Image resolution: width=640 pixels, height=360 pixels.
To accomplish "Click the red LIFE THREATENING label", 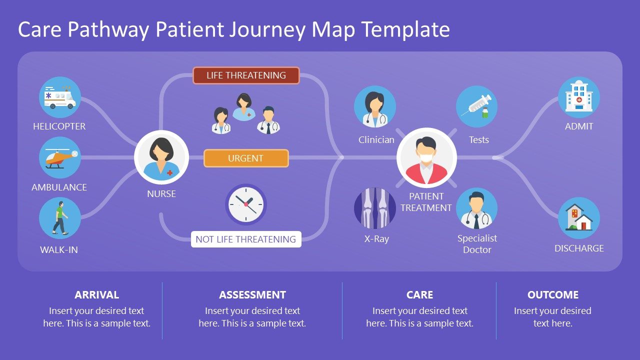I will click(x=246, y=75).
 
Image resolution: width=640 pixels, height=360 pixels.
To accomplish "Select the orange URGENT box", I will click(x=246, y=158).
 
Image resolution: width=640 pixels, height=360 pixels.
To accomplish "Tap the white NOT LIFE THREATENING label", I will click(x=246, y=239).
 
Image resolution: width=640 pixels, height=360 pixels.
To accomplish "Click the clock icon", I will click(x=246, y=204).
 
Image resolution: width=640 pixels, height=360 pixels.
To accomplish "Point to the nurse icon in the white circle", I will click(x=161, y=157).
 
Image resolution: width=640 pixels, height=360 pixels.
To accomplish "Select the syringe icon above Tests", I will click(x=476, y=106).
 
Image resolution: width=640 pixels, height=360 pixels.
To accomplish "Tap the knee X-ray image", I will click(x=375, y=208).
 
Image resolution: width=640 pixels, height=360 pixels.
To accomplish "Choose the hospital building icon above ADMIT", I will click(x=578, y=97).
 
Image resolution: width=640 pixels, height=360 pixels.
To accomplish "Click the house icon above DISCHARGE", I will click(x=578, y=218).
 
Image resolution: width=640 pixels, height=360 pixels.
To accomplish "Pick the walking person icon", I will click(x=60, y=218).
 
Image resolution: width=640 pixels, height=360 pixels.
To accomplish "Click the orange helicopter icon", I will click(x=60, y=157).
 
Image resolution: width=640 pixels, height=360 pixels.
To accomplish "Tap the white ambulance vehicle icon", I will click(x=60, y=97).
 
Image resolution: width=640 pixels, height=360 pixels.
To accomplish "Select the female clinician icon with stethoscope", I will click(x=375, y=107).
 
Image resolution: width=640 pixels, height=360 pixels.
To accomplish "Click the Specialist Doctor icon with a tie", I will click(x=476, y=208).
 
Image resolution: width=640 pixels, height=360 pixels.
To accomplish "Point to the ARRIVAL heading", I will click(x=96, y=295).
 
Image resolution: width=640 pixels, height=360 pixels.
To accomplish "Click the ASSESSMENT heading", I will click(x=252, y=295).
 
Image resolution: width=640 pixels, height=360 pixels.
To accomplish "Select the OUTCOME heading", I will click(x=552, y=295).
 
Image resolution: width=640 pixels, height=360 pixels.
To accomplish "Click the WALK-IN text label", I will click(x=59, y=249).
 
